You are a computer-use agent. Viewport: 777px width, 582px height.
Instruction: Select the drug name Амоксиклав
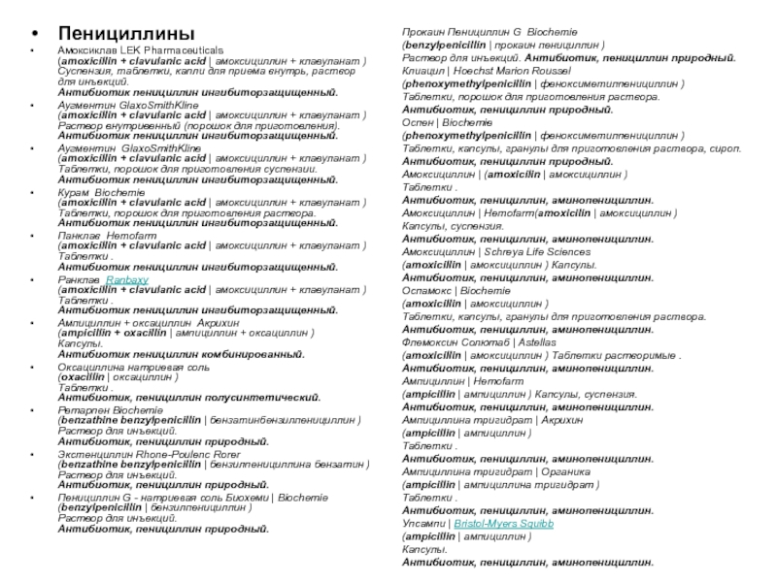click(84, 49)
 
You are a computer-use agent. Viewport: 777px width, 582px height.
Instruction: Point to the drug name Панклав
click(79, 236)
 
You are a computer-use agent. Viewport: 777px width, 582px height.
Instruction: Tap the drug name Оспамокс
click(426, 289)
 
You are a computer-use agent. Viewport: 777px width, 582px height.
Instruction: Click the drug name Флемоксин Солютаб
click(453, 342)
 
